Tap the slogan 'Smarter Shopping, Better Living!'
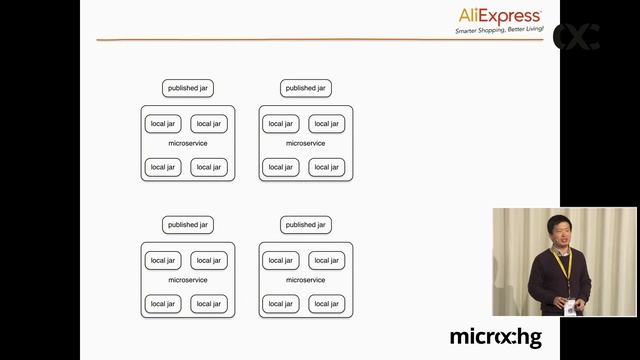(499, 31)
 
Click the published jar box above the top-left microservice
(188, 88)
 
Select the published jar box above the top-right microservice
(305, 88)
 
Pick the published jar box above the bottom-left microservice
(188, 225)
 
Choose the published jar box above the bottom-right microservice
(305, 225)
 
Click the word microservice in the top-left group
(188, 143)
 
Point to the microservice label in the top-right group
(305, 143)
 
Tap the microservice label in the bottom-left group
(188, 280)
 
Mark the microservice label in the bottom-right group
(305, 280)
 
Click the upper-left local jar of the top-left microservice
(162, 124)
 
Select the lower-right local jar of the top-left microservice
(209, 167)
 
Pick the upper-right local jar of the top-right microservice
(326, 124)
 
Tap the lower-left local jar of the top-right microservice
(281, 167)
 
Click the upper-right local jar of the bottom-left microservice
(209, 260)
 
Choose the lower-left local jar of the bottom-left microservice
(162, 303)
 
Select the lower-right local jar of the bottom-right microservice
(326, 303)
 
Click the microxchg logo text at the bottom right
(495, 337)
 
